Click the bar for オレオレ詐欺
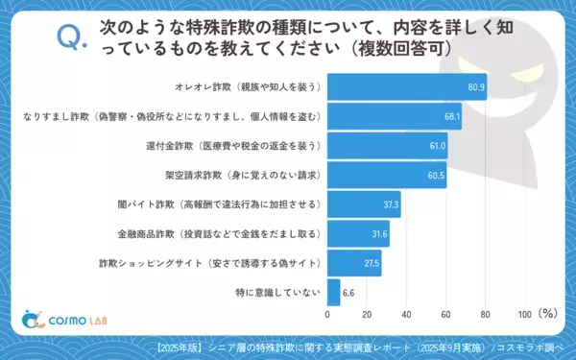coord(407,87)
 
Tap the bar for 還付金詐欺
coord(388,146)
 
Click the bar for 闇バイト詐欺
coord(364,204)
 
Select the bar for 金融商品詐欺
coord(358,233)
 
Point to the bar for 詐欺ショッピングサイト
coord(354,263)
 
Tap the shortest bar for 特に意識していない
coord(334,292)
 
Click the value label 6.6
coord(349,292)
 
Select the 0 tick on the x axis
coord(328,314)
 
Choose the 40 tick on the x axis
coord(407,314)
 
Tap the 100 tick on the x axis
coord(524,314)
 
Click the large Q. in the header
coord(73,36)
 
